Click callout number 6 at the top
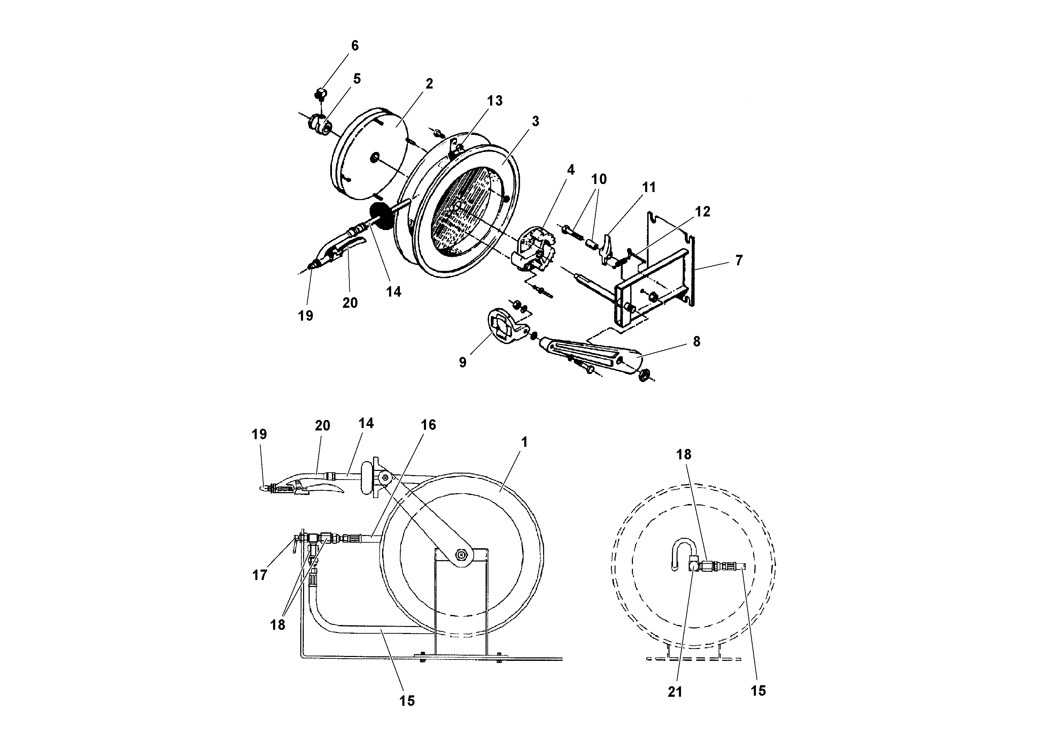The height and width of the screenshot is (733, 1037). [355, 46]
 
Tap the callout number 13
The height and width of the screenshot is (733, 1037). [495, 101]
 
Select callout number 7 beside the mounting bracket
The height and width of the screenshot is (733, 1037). [738, 260]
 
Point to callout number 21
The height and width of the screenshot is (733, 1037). [675, 692]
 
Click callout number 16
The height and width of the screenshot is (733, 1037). [428, 425]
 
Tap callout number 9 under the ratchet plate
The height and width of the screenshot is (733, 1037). [463, 362]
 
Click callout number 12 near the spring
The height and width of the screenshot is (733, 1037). [702, 212]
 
